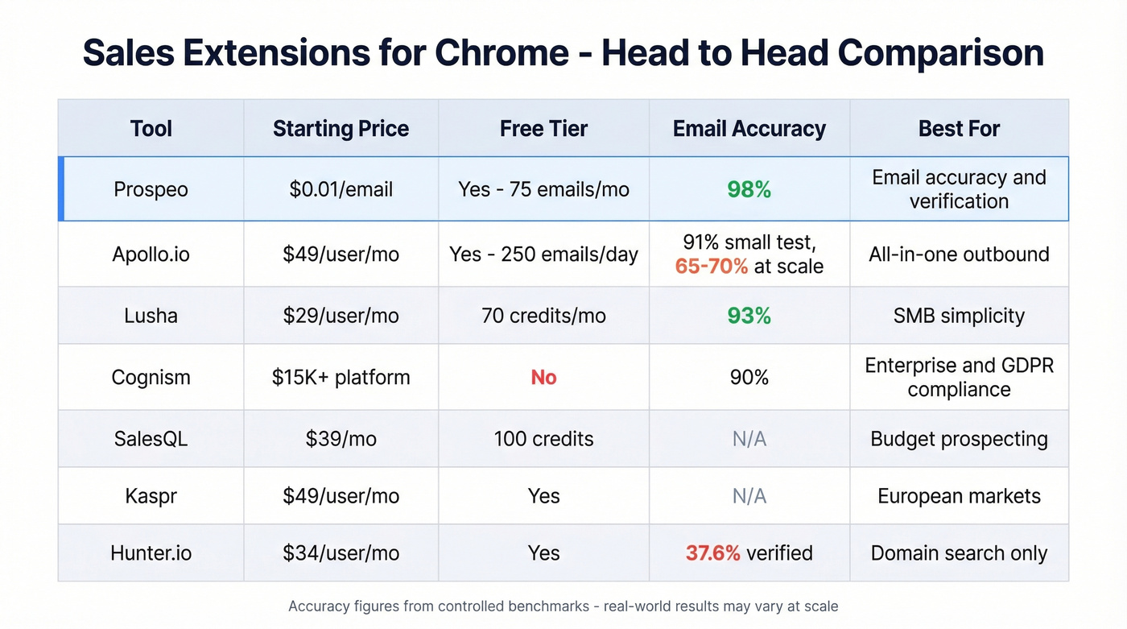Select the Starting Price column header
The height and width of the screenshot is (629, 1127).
pyautogui.click(x=341, y=129)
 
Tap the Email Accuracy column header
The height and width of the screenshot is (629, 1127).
pyautogui.click(x=749, y=129)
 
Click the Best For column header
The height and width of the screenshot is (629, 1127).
pyautogui.click(x=959, y=129)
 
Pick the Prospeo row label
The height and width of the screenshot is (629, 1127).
pyautogui.click(x=151, y=190)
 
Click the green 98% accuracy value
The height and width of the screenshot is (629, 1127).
pyautogui.click(x=749, y=190)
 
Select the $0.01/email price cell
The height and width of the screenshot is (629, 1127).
pyautogui.click(x=341, y=190)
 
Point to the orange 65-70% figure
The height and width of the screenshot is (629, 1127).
pyautogui.click(x=712, y=267)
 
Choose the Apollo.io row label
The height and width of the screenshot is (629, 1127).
pyautogui.click(x=151, y=254)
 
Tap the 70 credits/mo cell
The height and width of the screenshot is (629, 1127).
pyautogui.click(x=543, y=316)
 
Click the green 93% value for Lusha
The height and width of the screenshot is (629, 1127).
pyautogui.click(x=749, y=316)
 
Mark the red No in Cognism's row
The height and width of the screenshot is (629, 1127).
pyautogui.click(x=543, y=378)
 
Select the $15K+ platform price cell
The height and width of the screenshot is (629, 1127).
pyautogui.click(x=341, y=378)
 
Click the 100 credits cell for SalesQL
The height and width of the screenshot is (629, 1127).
pyautogui.click(x=543, y=439)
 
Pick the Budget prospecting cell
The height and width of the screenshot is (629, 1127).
pyautogui.click(x=959, y=439)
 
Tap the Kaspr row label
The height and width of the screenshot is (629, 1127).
pyautogui.click(x=151, y=496)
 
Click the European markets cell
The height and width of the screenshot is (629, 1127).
pyautogui.click(x=959, y=496)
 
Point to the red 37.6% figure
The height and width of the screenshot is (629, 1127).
pyautogui.click(x=712, y=553)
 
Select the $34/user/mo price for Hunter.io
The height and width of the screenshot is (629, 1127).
pyautogui.click(x=341, y=553)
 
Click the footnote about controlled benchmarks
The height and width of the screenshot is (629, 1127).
pyautogui.click(x=563, y=606)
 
